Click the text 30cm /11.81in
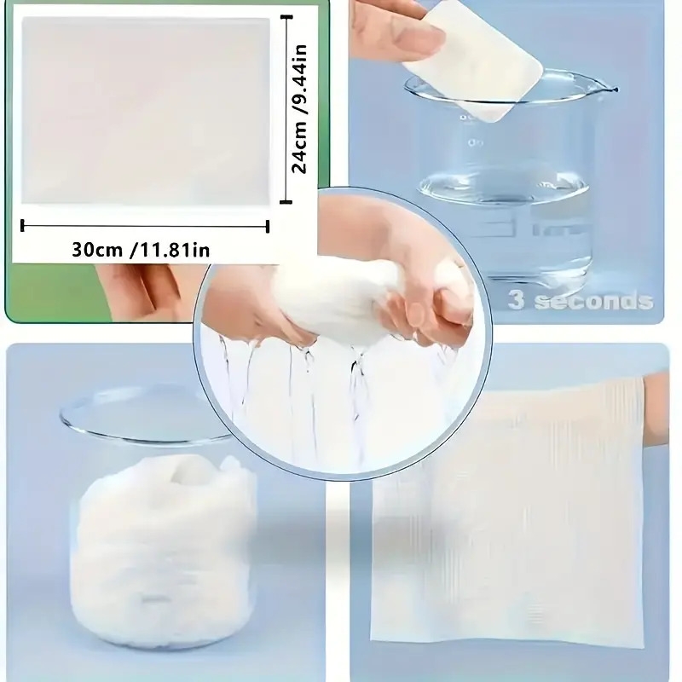[x=141, y=249]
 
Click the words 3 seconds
[x=581, y=300]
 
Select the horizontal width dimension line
[x=144, y=226]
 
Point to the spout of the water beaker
[x=610, y=88]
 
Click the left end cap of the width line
[x=21, y=226]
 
